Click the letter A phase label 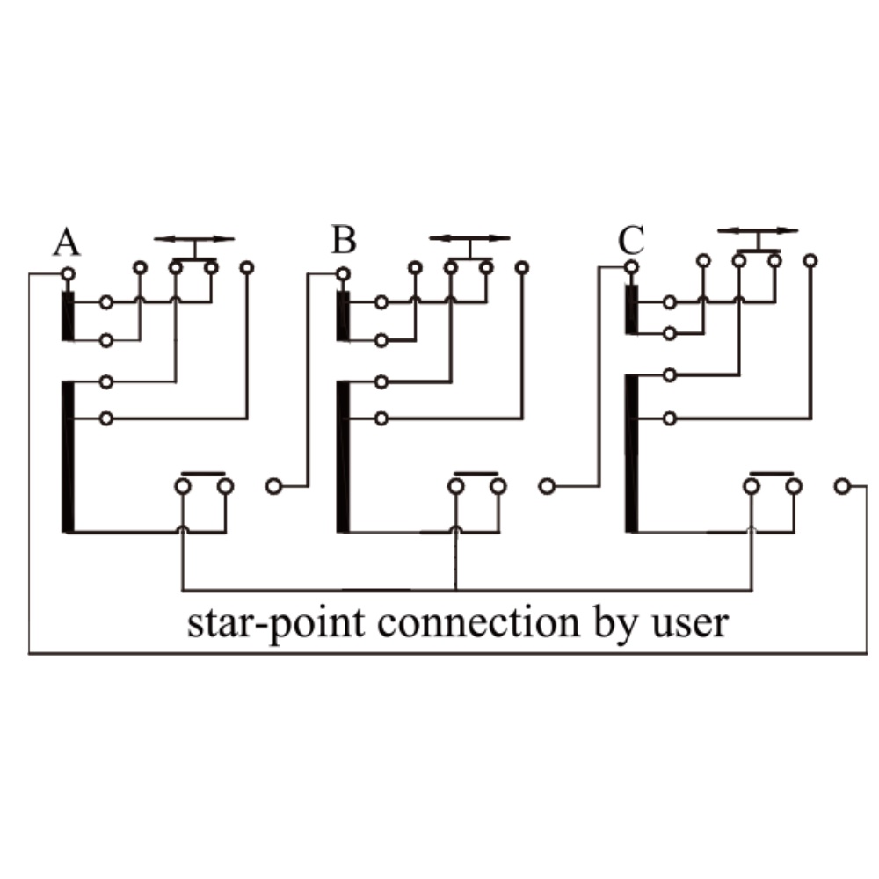coord(67,242)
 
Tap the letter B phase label coord(344,239)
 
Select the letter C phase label coord(631,240)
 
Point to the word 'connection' coord(479,622)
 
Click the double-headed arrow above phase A coord(194,239)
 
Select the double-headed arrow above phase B coord(469,238)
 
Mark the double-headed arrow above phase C coord(758,230)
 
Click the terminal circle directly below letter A coord(68,274)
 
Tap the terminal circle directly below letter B coord(343,274)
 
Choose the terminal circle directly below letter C coord(632,267)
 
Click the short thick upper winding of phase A coord(68,316)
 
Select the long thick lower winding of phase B coord(343,457)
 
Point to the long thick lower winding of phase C coord(631,453)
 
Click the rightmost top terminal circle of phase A coord(247,267)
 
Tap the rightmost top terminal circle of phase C coord(810,260)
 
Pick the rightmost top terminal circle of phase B coord(522,267)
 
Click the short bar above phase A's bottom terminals coord(204,474)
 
